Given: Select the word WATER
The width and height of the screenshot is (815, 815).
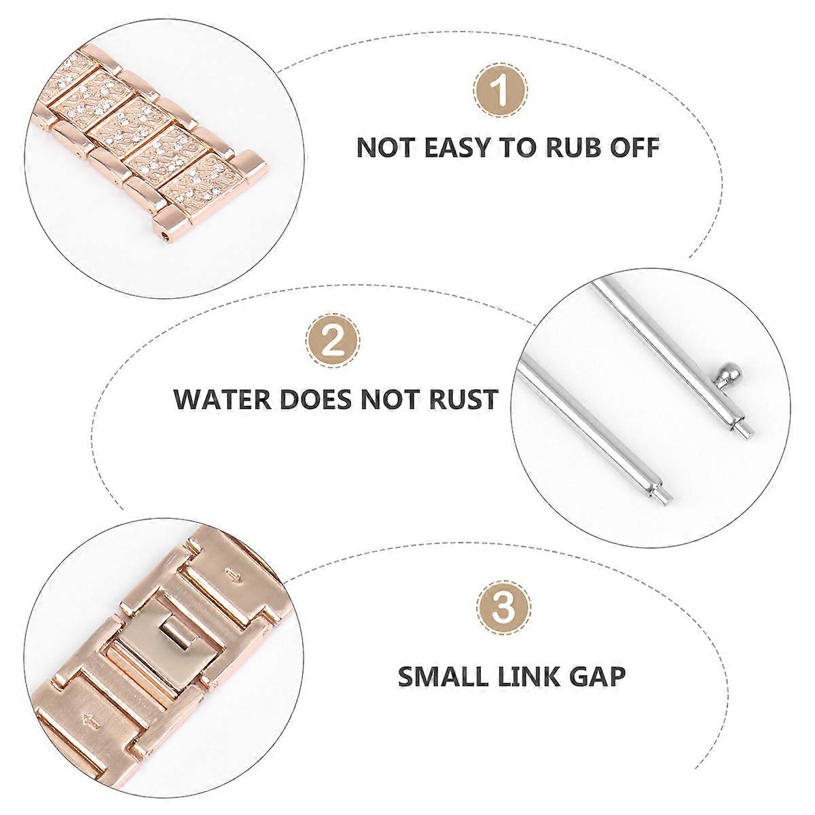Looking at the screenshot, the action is tap(223, 398).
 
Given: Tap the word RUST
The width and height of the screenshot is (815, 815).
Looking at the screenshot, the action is tap(464, 398).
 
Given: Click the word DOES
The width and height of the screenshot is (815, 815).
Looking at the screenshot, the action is tap(315, 398).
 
